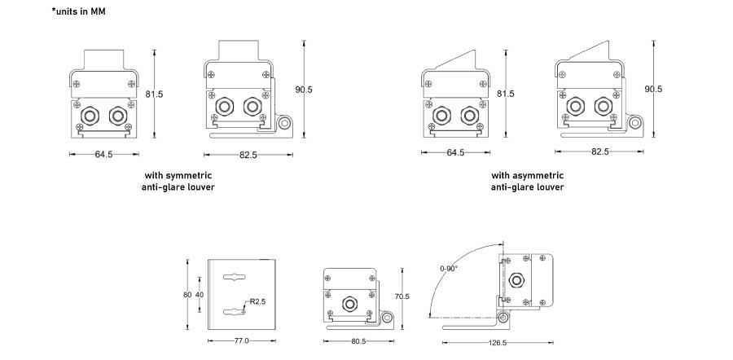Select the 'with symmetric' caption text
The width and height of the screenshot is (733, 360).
(x=178, y=175)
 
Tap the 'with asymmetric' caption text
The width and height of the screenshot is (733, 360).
(x=527, y=175)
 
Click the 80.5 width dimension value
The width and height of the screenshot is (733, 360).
(x=358, y=341)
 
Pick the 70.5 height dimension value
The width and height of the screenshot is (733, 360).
(x=402, y=296)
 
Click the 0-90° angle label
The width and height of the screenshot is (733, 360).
(x=449, y=268)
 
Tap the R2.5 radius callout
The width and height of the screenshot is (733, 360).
(x=258, y=302)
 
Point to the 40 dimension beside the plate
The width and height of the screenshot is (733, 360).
(x=200, y=294)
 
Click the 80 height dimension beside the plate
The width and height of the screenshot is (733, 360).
(x=187, y=294)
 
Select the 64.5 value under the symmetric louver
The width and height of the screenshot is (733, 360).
(x=103, y=152)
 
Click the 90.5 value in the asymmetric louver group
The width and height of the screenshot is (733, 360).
(x=653, y=89)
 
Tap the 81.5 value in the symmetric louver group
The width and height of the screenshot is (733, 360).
(x=154, y=94)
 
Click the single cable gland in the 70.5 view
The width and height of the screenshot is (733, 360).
(x=351, y=303)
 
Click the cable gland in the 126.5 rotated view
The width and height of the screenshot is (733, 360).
(x=515, y=282)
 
